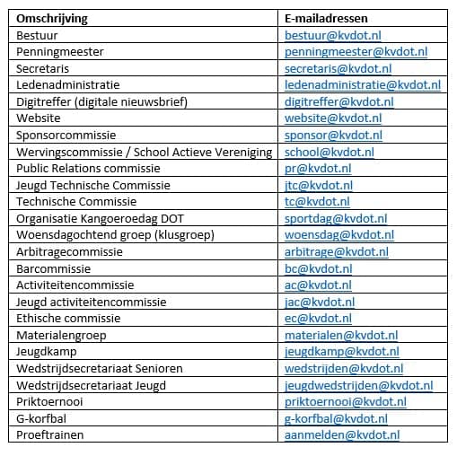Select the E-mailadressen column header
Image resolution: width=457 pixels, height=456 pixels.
pyautogui.click(x=328, y=18)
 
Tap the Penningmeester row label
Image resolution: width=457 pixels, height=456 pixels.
pyautogui.click(x=60, y=51)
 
